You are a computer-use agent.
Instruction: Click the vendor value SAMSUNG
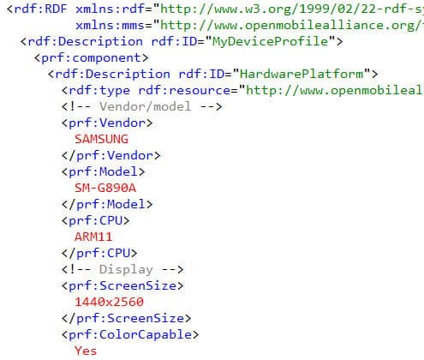pyautogui.click(x=101, y=139)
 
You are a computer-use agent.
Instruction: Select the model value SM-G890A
pyautogui.click(x=105, y=188)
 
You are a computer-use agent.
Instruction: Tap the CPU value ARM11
pyautogui.click(x=93, y=237)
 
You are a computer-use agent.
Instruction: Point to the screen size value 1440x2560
pyautogui.click(x=109, y=302)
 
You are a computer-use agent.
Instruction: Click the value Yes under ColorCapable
pyautogui.click(x=86, y=351)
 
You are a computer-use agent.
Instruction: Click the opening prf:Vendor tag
pyautogui.click(x=107, y=123)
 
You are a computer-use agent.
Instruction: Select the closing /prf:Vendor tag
pyautogui.click(x=110, y=156)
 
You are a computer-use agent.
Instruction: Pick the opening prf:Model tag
pyautogui.click(x=104, y=172)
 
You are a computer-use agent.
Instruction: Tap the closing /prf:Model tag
pyautogui.click(x=107, y=205)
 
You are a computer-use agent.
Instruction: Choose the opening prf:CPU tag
pyautogui.click(x=95, y=221)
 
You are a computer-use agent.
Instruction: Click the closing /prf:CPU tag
pyautogui.click(x=99, y=254)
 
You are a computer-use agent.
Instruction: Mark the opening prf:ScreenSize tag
pyautogui.click(x=122, y=286)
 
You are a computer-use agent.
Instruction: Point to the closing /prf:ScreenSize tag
pyautogui.click(x=126, y=319)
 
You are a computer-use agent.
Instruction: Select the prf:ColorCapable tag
pyautogui.click(x=130, y=335)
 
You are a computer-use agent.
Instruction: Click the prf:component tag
pyautogui.click(x=92, y=58)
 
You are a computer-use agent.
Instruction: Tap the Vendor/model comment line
pyautogui.click(x=141, y=107)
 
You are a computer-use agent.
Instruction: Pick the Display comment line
pyautogui.click(x=122, y=270)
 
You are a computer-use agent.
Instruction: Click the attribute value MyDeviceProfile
pyautogui.click(x=270, y=41)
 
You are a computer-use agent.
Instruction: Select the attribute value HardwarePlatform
pyautogui.click(x=302, y=74)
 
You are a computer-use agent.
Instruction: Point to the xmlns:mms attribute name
pyautogui.click(x=110, y=26)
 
